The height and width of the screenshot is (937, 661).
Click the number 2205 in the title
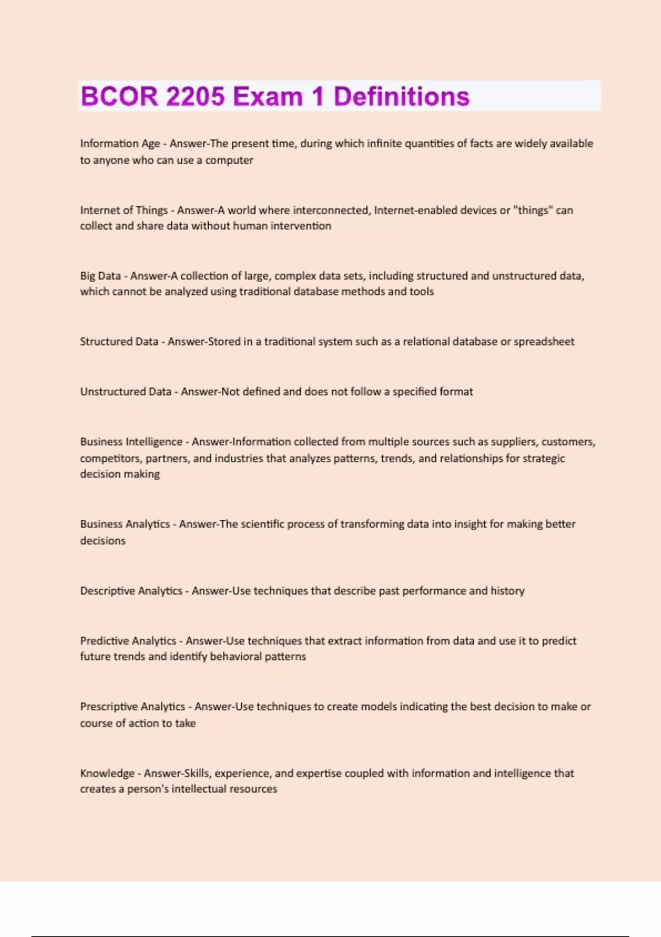point(195,96)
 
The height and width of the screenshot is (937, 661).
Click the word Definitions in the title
point(402,96)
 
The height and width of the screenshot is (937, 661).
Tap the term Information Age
point(120,143)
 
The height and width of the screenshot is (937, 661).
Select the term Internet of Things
point(123,210)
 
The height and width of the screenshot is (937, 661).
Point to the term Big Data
point(100,276)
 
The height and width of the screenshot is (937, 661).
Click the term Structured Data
point(119,341)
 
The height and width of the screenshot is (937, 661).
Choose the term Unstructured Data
point(126,391)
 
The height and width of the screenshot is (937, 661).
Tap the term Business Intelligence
point(131,441)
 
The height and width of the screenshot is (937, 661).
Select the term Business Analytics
point(124,524)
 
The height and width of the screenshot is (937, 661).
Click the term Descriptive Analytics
point(131,590)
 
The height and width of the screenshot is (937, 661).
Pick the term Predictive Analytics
point(128,640)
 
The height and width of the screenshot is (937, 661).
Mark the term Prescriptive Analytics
point(132,706)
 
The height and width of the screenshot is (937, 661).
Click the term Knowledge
point(107,773)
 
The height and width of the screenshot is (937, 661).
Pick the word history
point(507,590)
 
